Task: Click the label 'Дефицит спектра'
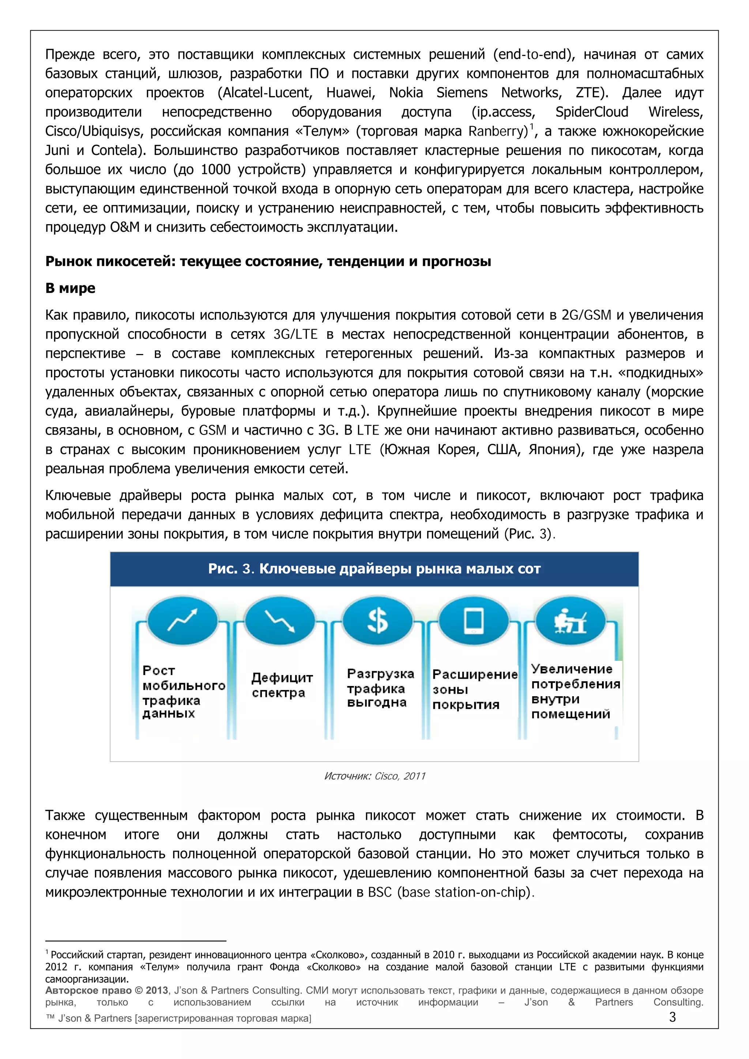[282, 685]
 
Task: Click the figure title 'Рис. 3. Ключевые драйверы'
[374, 569]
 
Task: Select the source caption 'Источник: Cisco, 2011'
[374, 776]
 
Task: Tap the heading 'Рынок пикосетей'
[267, 261]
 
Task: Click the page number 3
[672, 1017]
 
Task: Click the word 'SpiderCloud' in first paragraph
[591, 112]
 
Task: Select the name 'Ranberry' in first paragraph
[497, 131]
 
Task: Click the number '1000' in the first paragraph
[215, 170]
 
